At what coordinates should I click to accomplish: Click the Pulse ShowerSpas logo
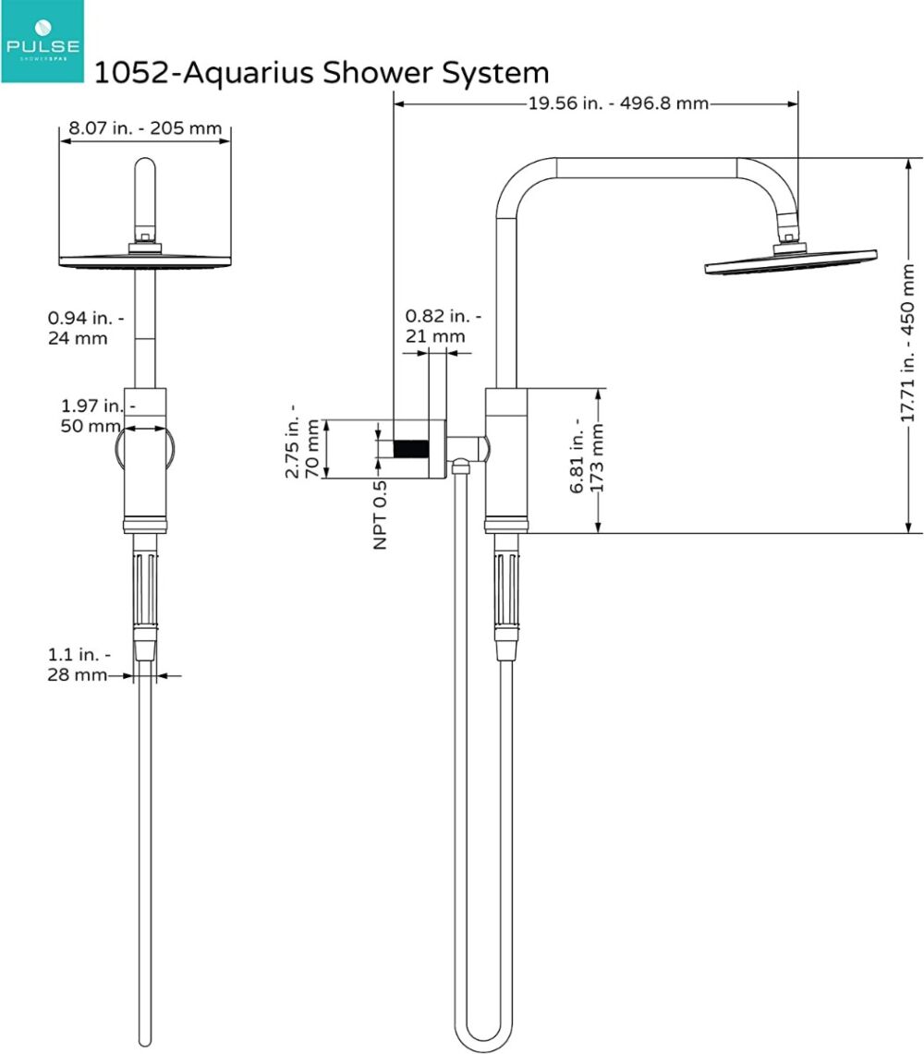[x=42, y=42]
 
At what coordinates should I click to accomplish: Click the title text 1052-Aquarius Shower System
[x=321, y=72]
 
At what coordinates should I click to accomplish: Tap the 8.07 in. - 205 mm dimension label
[x=145, y=127]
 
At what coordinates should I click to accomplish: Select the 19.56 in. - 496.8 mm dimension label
[x=618, y=103]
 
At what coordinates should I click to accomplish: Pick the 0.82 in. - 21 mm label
[x=442, y=325]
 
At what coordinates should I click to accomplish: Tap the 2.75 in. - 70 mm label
[x=303, y=448]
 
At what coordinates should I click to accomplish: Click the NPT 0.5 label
[x=380, y=515]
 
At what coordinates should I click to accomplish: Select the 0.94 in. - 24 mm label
[x=80, y=328]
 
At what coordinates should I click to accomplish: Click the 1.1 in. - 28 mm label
[x=79, y=665]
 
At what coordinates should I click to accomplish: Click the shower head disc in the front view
[x=145, y=260]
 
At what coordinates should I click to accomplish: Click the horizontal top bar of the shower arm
[x=647, y=167]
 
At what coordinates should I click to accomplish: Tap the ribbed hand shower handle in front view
[x=145, y=588]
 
